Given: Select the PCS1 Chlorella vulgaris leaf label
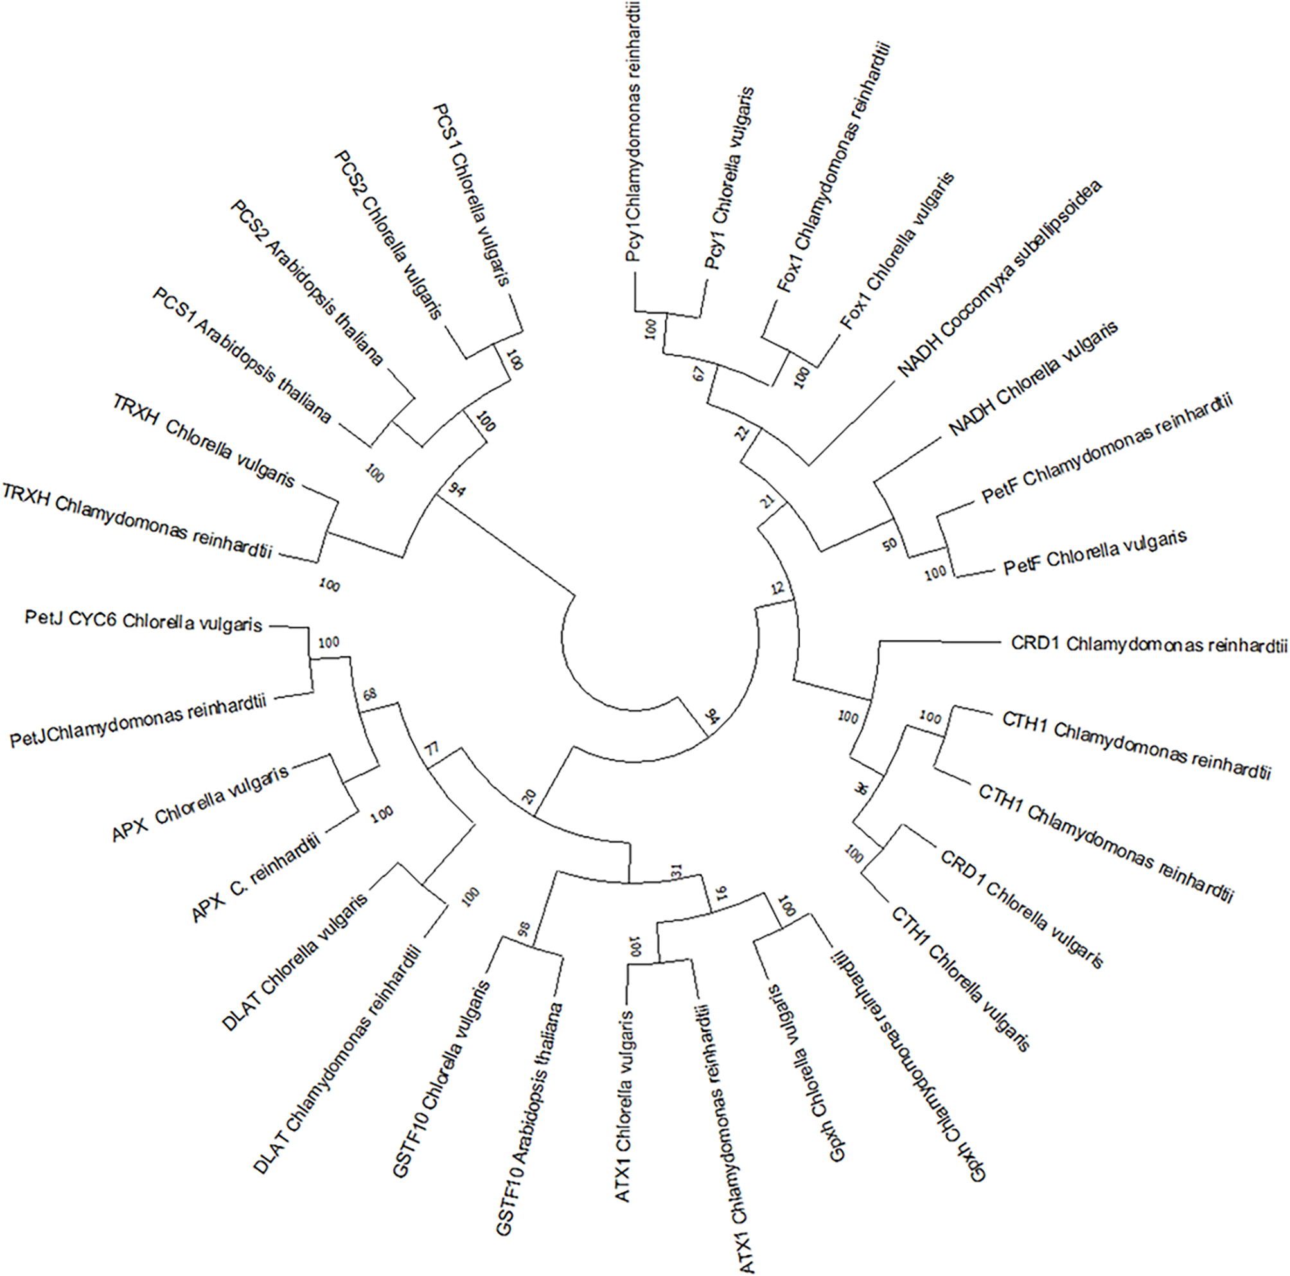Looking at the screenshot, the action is coord(472,193).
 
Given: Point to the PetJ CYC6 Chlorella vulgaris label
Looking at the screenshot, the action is coord(143,622).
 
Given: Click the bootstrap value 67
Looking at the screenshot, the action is coord(698,374).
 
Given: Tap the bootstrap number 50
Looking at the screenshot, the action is coord(889,544).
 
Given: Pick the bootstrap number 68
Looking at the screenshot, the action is coord(369,695).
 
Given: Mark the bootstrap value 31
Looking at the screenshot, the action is coord(676,870).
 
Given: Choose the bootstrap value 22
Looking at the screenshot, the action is coord(743,436).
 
